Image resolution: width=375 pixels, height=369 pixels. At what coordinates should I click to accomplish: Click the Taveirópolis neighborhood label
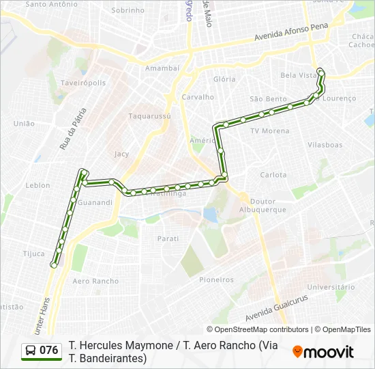click(x=84, y=83)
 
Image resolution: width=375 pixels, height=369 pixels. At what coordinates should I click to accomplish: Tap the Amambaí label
click(x=162, y=68)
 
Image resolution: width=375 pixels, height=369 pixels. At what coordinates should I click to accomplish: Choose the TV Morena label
click(x=269, y=131)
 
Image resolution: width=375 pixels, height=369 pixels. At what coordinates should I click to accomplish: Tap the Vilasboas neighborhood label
click(x=325, y=145)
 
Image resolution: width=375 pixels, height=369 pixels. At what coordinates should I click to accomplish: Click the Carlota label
click(x=273, y=175)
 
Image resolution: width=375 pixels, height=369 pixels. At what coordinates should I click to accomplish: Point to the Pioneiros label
click(x=216, y=279)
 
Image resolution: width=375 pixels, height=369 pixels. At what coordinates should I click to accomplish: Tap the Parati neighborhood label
click(x=168, y=238)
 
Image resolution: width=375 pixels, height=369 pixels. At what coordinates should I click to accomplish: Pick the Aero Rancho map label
click(x=95, y=281)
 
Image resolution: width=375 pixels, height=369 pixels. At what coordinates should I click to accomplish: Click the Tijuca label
click(x=33, y=254)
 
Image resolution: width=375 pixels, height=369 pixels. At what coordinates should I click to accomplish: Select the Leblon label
click(x=37, y=185)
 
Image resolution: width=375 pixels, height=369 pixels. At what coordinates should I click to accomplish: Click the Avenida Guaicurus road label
click(x=277, y=305)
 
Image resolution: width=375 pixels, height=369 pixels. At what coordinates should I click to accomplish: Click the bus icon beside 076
click(x=31, y=351)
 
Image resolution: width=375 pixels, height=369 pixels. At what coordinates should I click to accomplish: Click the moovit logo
click(x=323, y=352)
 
